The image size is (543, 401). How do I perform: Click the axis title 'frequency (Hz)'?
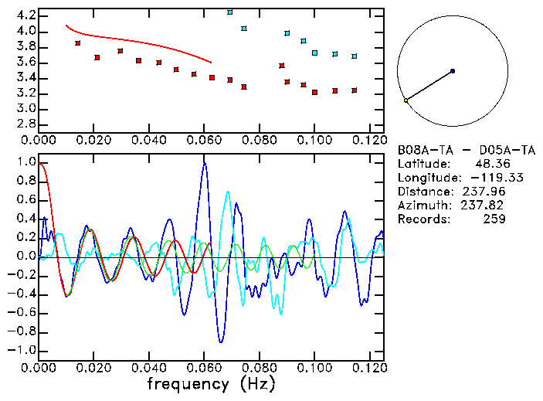click(x=211, y=383)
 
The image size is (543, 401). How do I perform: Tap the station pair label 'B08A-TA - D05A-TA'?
click(x=466, y=150)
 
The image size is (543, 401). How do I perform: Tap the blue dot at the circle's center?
click(x=453, y=71)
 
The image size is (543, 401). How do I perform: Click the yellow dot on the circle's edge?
click(x=406, y=100)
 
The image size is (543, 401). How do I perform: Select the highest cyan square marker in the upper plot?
click(x=230, y=12)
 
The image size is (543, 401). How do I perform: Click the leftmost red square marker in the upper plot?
click(x=78, y=43)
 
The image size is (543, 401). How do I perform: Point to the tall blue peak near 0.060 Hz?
click(x=205, y=163)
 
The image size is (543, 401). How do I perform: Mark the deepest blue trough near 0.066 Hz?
click(x=221, y=342)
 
